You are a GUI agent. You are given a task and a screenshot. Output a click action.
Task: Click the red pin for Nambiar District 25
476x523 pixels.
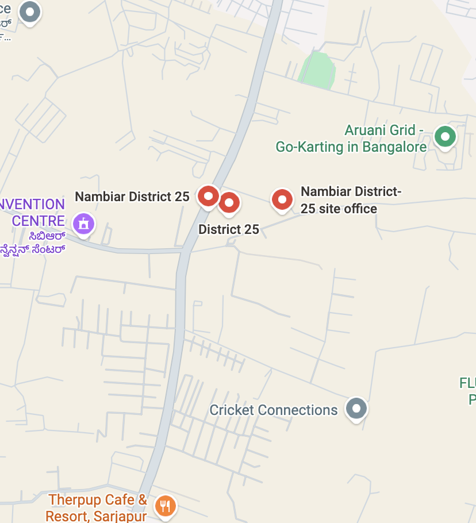click(x=208, y=197)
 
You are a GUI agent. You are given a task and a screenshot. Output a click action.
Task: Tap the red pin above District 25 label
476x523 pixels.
click(x=229, y=202)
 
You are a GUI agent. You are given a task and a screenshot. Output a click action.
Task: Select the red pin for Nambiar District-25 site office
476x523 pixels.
click(x=282, y=199)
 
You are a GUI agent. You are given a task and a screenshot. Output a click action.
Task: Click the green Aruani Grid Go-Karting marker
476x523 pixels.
click(x=444, y=137)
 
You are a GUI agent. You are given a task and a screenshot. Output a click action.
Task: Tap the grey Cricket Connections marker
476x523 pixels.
click(x=356, y=409)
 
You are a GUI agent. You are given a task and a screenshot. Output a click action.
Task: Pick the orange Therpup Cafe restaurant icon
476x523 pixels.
click(x=166, y=505)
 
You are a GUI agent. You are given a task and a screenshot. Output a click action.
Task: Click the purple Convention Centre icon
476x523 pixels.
click(x=84, y=223)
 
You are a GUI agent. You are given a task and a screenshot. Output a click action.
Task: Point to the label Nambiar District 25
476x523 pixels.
click(x=132, y=197)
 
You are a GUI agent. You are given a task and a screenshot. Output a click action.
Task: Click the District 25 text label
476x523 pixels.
click(x=229, y=229)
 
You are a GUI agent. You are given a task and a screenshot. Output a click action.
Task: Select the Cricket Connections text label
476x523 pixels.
click(x=274, y=410)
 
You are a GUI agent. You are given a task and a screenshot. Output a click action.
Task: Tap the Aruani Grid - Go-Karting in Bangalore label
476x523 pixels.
click(x=351, y=139)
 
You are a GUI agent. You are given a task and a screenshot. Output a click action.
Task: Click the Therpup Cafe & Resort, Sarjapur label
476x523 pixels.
click(x=98, y=507)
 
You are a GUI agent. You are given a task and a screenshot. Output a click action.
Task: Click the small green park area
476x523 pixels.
click(x=317, y=71)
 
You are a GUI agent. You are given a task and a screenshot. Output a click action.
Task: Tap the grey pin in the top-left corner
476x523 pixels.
click(x=29, y=11)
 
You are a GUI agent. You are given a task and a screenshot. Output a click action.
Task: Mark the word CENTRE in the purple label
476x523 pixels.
click(x=39, y=221)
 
